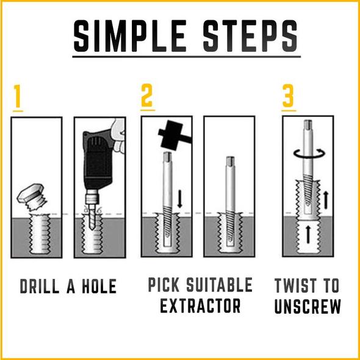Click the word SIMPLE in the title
click(130, 35)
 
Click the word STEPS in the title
click(250, 35)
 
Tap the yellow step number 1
click(18, 96)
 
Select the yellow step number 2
click(146, 95)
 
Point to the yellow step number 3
click(288, 96)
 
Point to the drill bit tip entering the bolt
click(92, 228)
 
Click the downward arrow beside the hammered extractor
click(180, 199)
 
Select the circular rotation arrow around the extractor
click(310, 153)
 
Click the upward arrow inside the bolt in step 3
click(308, 234)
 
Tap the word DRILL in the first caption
click(39, 286)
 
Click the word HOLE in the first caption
click(99, 286)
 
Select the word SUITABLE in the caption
click(219, 285)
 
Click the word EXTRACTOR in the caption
click(200, 306)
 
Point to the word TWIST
click(294, 286)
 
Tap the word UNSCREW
click(308, 306)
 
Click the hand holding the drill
click(118, 136)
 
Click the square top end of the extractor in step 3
click(308, 124)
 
